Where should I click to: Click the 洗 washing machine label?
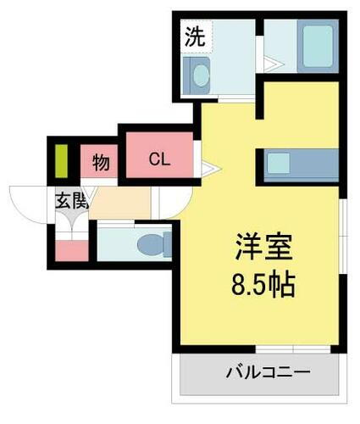click(x=194, y=37)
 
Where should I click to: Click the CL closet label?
click(x=159, y=159)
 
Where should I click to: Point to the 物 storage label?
click(x=101, y=162)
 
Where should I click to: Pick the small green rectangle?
click(x=62, y=159)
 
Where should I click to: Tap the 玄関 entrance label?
click(x=72, y=201)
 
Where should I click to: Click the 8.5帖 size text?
click(x=263, y=285)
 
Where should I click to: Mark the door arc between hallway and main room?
click(x=167, y=204)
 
